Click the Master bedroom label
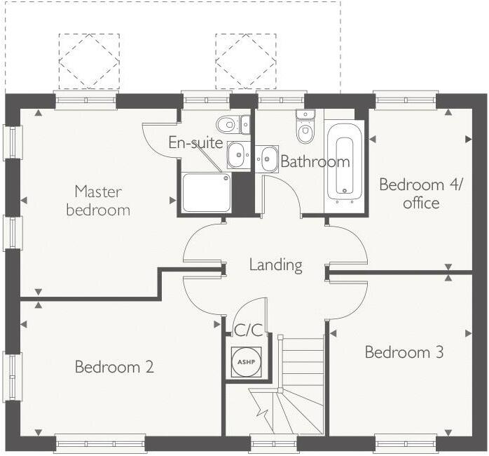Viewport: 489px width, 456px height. [x=98, y=200]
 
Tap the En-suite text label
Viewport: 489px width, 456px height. [x=195, y=143]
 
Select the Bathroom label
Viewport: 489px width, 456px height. [x=315, y=162]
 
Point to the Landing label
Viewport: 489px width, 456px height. [x=276, y=265]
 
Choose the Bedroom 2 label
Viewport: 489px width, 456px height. [x=114, y=366]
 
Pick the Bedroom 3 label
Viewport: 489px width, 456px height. [x=404, y=352]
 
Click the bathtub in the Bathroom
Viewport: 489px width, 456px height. [x=344, y=166]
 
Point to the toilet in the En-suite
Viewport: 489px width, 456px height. [x=230, y=125]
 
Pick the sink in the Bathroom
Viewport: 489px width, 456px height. [x=268, y=159]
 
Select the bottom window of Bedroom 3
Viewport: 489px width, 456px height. [x=406, y=443]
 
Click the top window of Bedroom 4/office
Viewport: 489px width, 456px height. [x=406, y=100]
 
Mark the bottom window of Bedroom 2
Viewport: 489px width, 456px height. [x=100, y=443]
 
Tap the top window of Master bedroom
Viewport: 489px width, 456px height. [x=85, y=100]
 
